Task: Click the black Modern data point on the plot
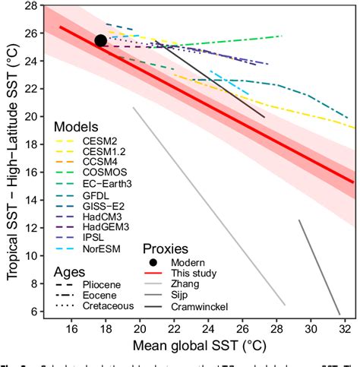click(x=100, y=40)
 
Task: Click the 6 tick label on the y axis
click(x=33, y=312)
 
